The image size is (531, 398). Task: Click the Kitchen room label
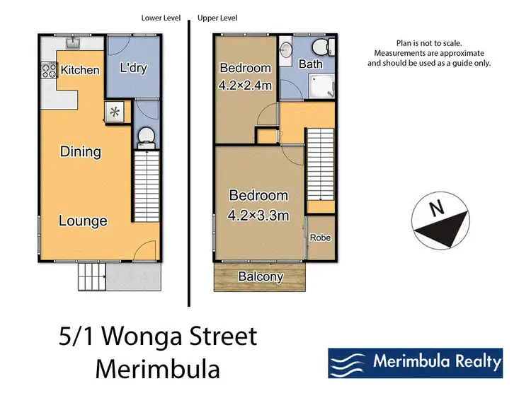(79, 70)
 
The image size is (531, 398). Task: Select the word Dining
(81, 151)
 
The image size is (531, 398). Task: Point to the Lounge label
(83, 221)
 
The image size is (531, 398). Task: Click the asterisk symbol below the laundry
(114, 111)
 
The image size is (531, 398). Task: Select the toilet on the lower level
(145, 135)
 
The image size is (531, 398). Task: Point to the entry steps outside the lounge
(91, 276)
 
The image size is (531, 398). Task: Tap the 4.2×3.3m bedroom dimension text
(258, 216)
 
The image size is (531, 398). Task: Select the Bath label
(310, 64)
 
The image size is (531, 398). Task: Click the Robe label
(320, 238)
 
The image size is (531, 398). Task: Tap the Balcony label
(261, 276)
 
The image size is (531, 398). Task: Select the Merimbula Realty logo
(415, 363)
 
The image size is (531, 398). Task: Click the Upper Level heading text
(217, 18)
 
